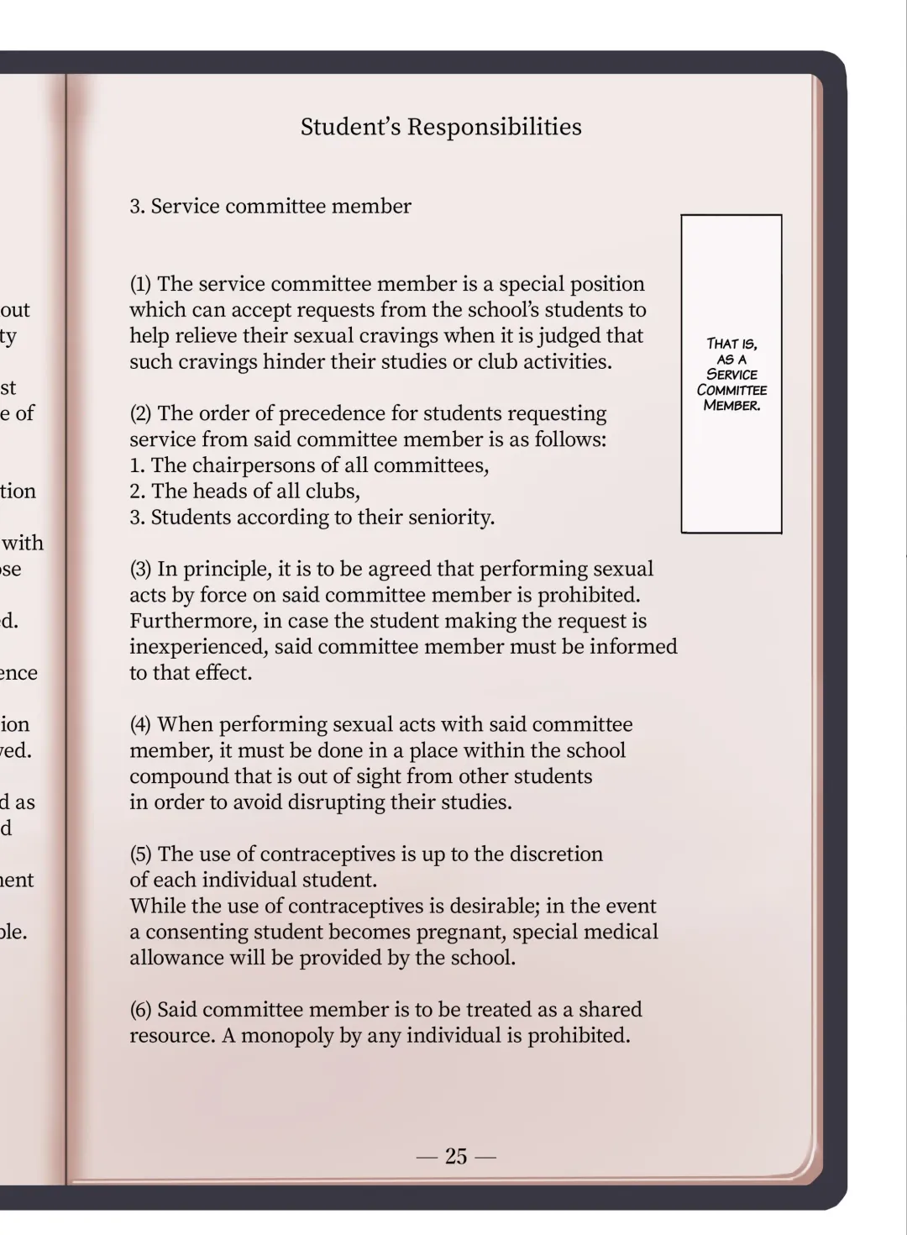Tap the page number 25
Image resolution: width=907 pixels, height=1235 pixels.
tap(456, 1157)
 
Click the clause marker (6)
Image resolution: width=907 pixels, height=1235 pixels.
tap(141, 1010)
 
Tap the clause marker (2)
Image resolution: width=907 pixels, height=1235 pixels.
tap(141, 414)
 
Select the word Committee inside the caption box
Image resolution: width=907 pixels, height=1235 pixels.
tap(731, 390)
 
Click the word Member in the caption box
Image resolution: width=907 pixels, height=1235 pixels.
tap(731, 406)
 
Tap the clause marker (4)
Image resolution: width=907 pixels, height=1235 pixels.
tap(141, 725)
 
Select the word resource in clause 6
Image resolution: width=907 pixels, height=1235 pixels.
tap(171, 1036)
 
